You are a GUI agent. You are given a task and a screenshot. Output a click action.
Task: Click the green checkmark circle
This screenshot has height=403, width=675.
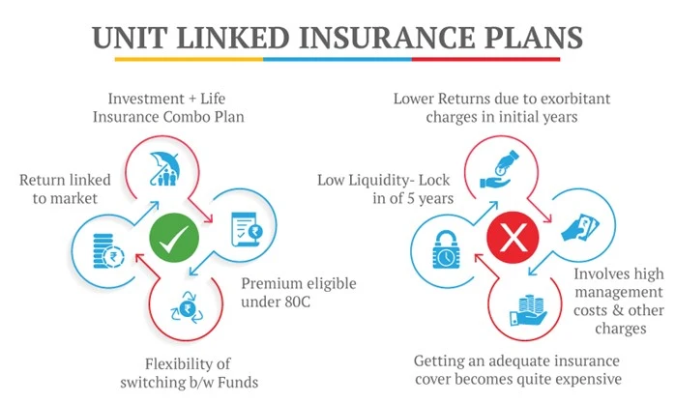[x=174, y=236]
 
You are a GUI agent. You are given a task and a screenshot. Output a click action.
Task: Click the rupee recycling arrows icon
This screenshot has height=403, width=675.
[x=184, y=308]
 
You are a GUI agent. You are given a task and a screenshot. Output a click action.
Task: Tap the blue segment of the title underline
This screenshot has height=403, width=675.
[x=337, y=59]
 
